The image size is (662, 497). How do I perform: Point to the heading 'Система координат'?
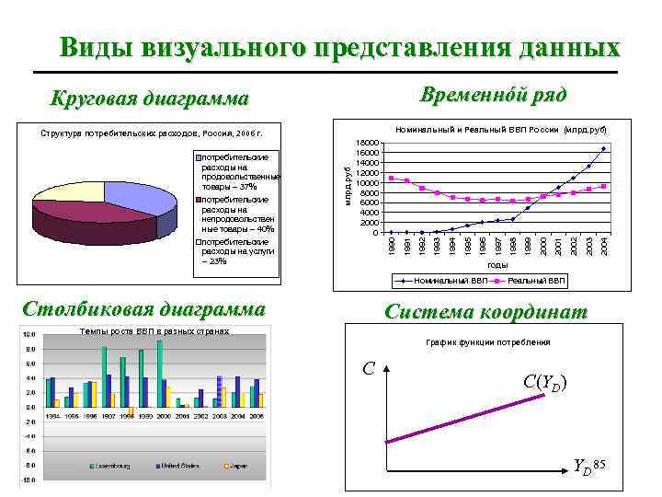click(485, 312)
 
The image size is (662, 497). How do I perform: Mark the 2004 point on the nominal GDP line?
click(603, 149)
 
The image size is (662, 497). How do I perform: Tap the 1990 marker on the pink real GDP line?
click(391, 178)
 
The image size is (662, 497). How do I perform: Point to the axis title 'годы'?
click(497, 265)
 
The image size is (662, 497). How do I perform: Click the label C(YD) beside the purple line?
click(544, 381)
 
